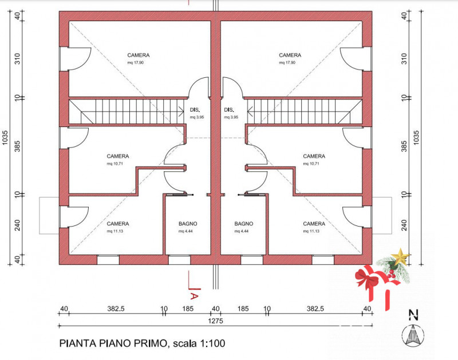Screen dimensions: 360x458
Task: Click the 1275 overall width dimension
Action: coord(215,321)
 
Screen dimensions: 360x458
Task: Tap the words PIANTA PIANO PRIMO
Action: coord(112,344)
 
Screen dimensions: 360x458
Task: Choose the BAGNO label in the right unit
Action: coord(243,224)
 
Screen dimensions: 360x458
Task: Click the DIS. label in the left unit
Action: coord(195,110)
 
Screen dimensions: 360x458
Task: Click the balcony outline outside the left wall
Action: coord(49,215)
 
